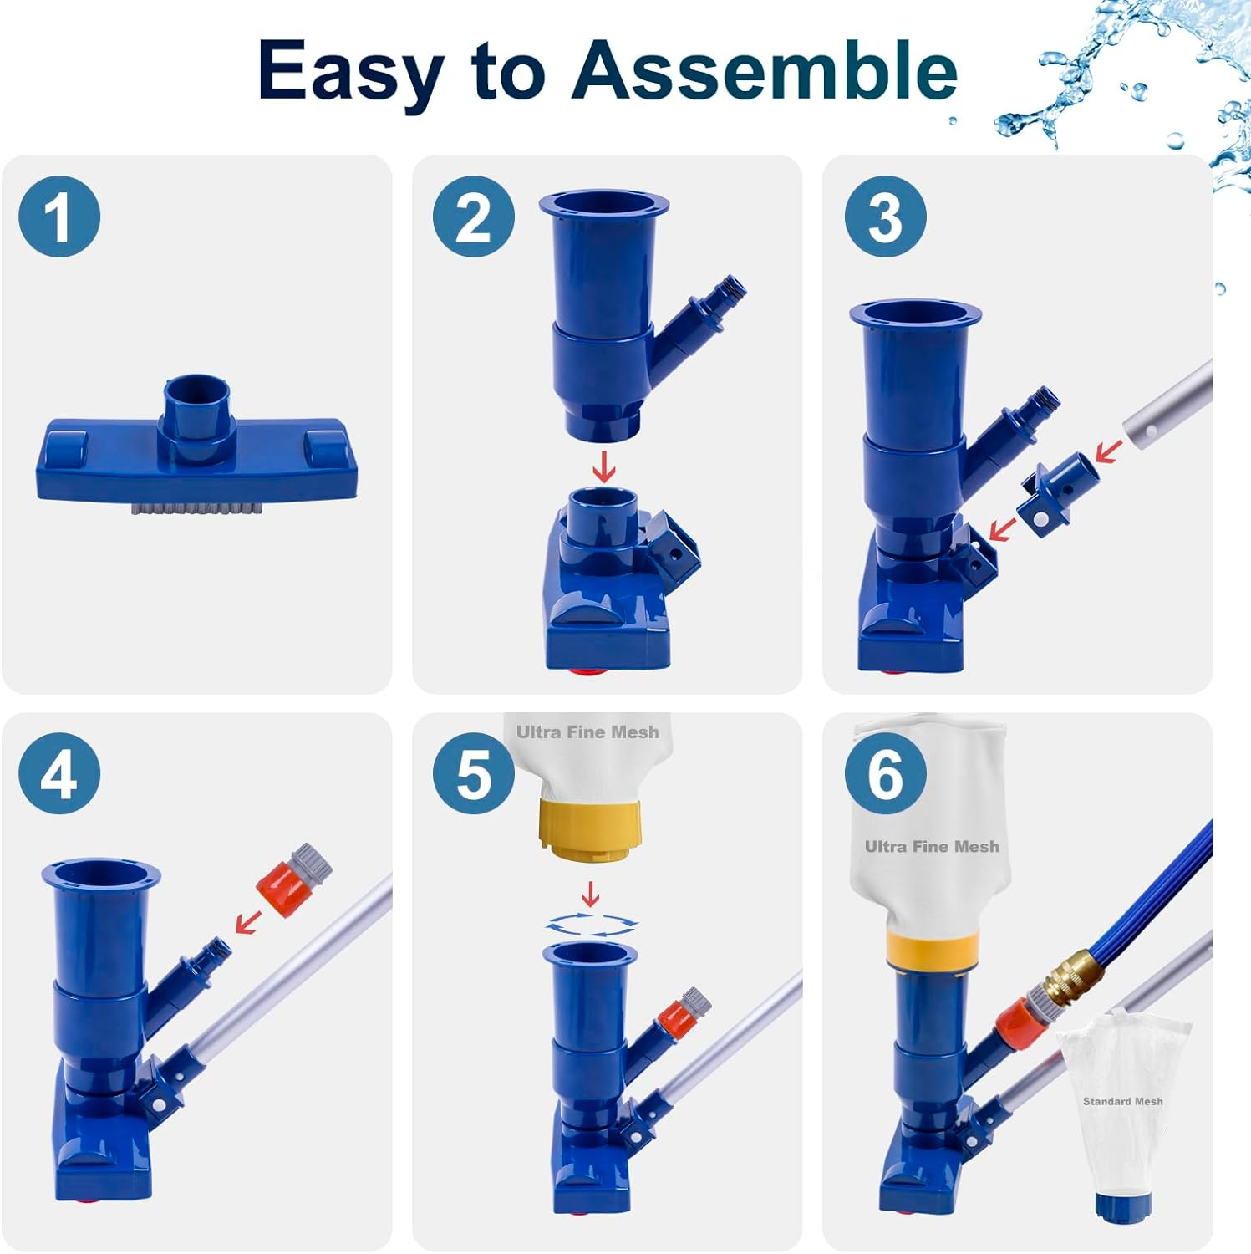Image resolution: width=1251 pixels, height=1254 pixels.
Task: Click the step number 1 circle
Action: [x=59, y=217]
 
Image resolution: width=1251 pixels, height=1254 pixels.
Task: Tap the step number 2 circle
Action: [x=473, y=217]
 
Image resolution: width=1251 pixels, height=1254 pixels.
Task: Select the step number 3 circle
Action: [x=885, y=217]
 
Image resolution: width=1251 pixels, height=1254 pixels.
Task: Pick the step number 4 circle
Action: [x=59, y=774]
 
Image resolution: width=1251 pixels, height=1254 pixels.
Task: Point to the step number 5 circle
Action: [x=473, y=774]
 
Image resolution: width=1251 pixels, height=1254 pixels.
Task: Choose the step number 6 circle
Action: [x=885, y=774]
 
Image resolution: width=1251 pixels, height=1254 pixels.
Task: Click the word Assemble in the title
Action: [x=765, y=71]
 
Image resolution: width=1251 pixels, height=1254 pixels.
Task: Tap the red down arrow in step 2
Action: [x=603, y=467]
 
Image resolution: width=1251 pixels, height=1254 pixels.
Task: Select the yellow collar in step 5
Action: [x=590, y=827]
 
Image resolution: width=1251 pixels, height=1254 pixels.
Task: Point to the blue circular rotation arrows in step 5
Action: [x=591, y=924]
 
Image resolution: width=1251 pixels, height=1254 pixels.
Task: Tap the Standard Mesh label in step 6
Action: [x=1122, y=1101]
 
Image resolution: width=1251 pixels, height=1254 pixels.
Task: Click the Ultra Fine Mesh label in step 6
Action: [x=932, y=847]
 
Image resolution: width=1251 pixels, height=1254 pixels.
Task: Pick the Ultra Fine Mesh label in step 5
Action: [x=587, y=732]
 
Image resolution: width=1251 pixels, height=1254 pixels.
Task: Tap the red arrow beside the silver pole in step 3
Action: [x=1109, y=452]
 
